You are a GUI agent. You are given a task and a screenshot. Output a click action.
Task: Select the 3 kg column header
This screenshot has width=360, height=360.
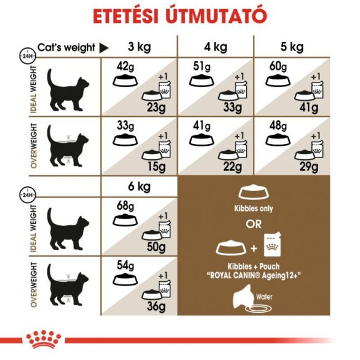tap(140, 47)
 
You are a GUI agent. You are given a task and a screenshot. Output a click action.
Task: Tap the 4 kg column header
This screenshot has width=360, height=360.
tap(215, 47)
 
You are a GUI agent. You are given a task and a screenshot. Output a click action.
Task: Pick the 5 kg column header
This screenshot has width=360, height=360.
tap(292, 47)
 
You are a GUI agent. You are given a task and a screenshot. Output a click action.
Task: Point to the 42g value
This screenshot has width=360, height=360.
tap(126, 66)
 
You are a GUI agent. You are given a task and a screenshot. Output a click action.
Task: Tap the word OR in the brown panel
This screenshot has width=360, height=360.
tap(255, 223)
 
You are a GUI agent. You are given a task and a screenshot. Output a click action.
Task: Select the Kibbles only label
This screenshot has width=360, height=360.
tap(255, 208)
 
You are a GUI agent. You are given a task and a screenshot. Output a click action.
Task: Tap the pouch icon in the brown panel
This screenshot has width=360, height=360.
tap(272, 246)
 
